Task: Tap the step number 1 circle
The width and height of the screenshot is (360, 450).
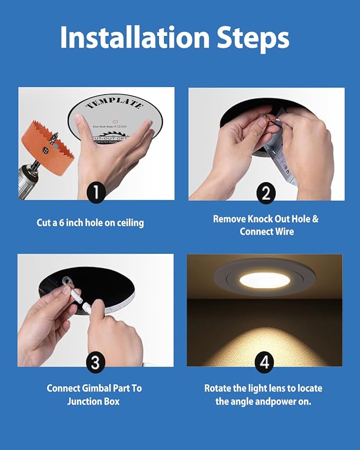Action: tap(95, 192)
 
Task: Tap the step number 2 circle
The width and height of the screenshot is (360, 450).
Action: tap(266, 192)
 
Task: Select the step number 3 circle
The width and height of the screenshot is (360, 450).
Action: tap(95, 363)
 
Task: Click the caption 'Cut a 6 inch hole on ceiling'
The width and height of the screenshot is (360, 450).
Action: tap(90, 223)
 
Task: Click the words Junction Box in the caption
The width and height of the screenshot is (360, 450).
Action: tap(93, 401)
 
